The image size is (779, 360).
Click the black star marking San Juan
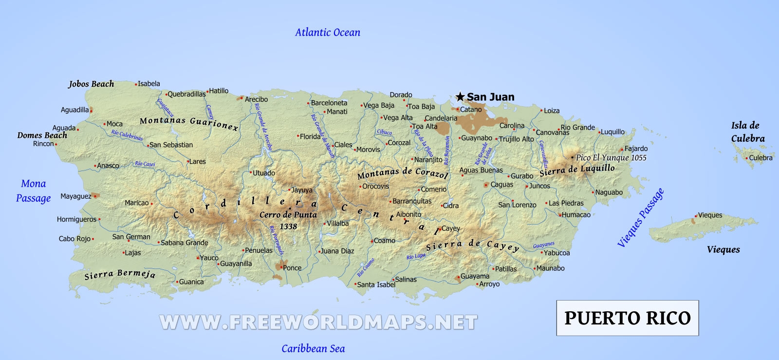(460, 97)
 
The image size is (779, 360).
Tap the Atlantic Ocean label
(328, 33)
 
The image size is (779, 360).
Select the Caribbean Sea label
(313, 349)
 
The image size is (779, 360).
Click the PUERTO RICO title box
(628, 318)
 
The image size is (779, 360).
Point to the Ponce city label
(292, 268)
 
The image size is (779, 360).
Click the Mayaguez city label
(75, 196)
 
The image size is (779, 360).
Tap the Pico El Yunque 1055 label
(611, 157)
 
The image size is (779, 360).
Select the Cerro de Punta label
(288, 215)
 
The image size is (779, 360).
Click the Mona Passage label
(33, 191)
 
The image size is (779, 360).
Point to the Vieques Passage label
(640, 218)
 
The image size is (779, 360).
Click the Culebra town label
(760, 158)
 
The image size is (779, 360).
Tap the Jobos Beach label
(91, 84)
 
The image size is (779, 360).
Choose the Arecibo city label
(256, 99)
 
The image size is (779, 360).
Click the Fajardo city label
(636, 149)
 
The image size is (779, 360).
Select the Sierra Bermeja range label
(120, 274)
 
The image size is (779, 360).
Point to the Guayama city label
(475, 276)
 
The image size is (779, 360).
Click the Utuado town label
(263, 173)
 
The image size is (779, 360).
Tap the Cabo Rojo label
(74, 239)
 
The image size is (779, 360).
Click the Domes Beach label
(42, 135)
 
